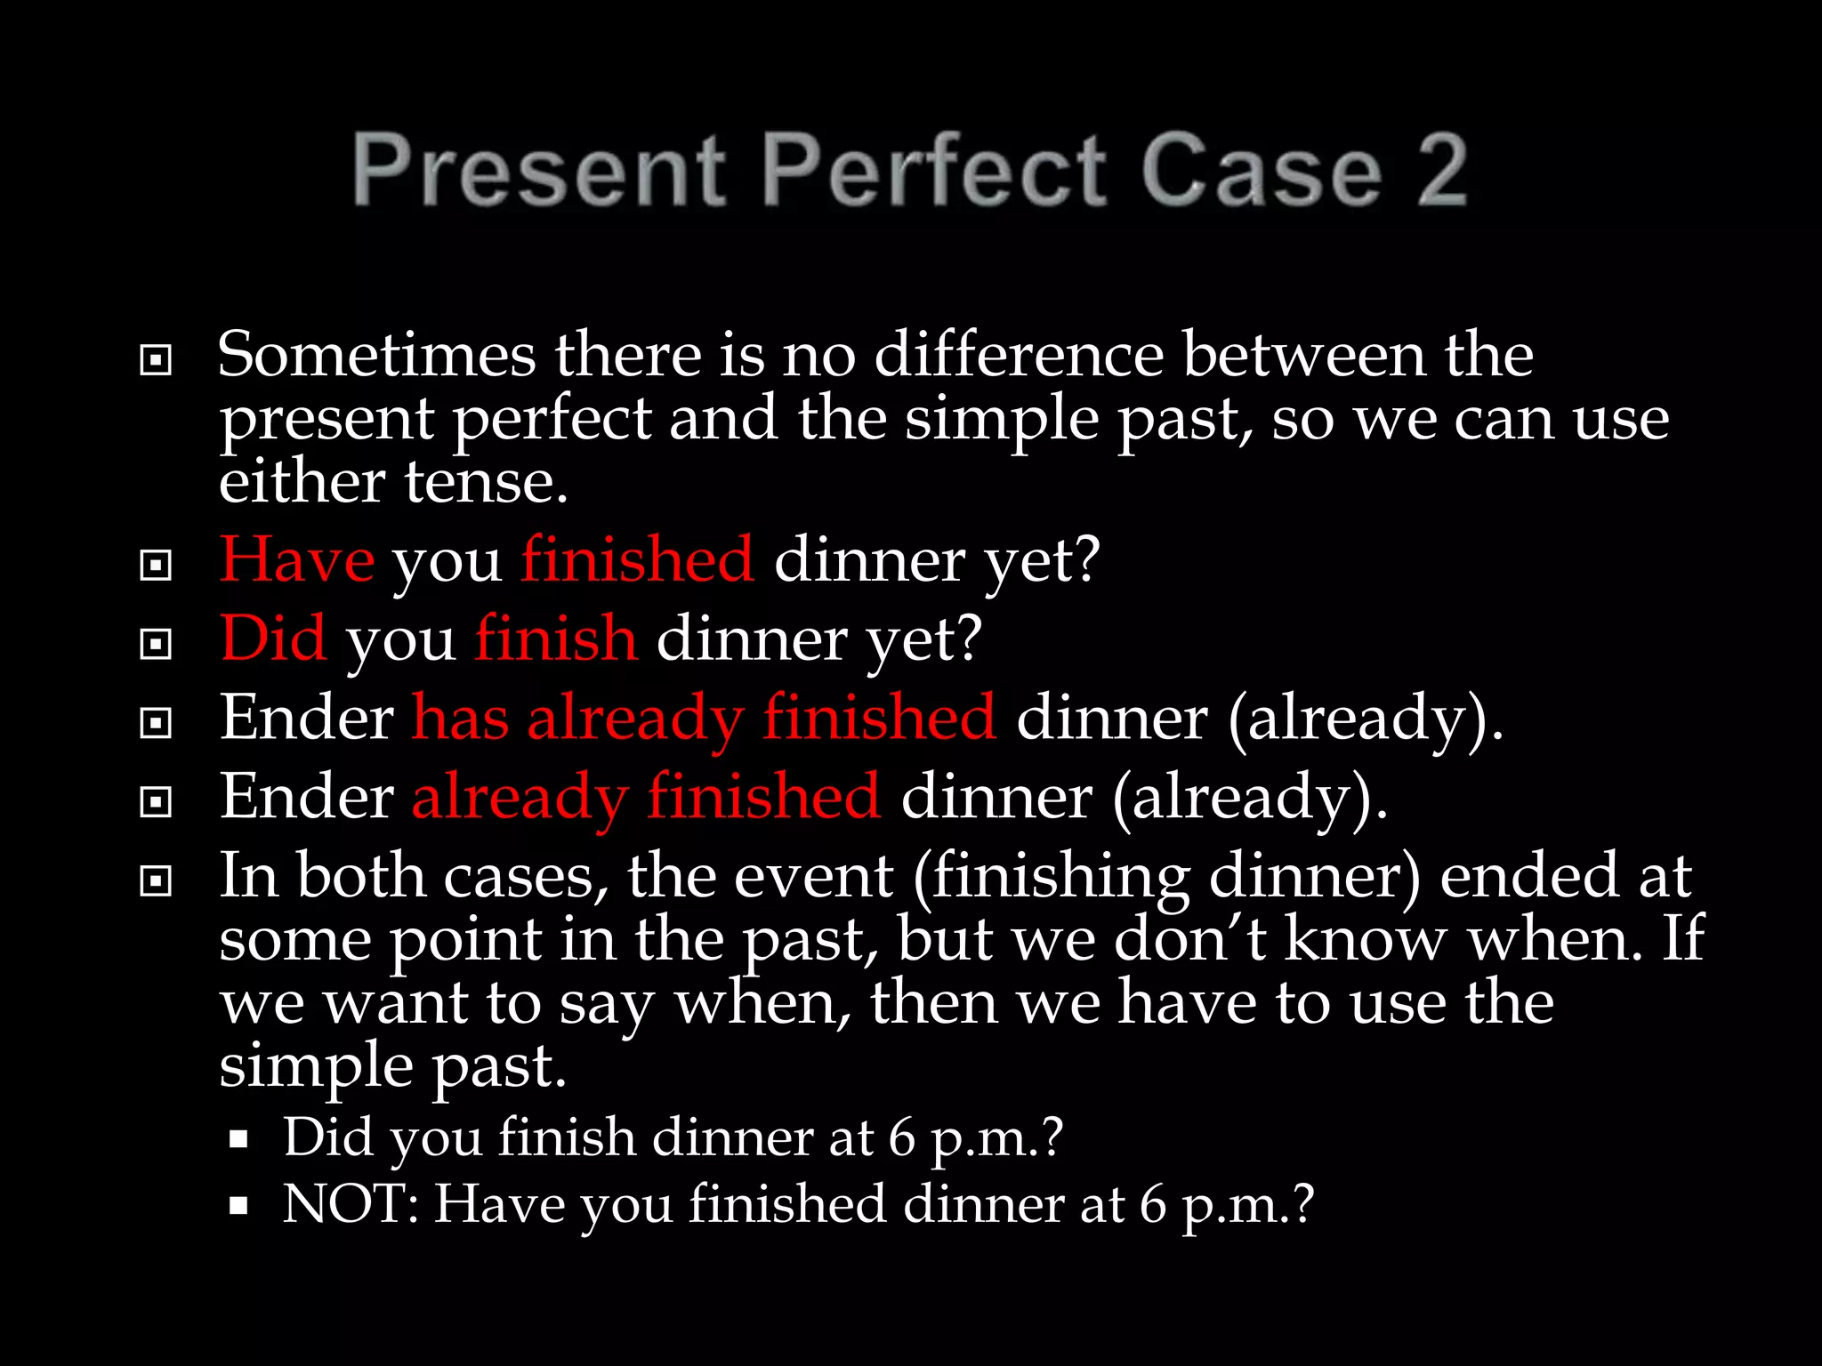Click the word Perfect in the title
click(934, 169)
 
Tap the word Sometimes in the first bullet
click(376, 355)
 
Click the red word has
click(460, 718)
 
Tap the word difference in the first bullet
click(1019, 355)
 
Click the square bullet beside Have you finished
click(156, 565)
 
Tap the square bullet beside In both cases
click(156, 881)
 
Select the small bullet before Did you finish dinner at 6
click(238, 1139)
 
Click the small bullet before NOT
click(238, 1206)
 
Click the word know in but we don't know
click(1366, 939)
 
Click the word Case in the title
click(1262, 169)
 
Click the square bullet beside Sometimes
click(156, 360)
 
